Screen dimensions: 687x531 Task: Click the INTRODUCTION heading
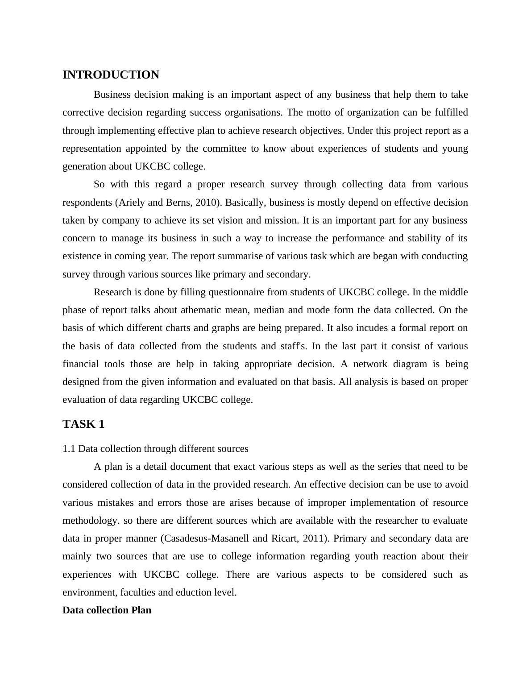coord(111,75)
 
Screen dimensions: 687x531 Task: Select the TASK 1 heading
coord(83,424)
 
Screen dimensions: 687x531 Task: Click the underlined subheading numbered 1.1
coord(155,449)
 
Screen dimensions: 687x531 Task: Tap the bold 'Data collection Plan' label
coord(107,610)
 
